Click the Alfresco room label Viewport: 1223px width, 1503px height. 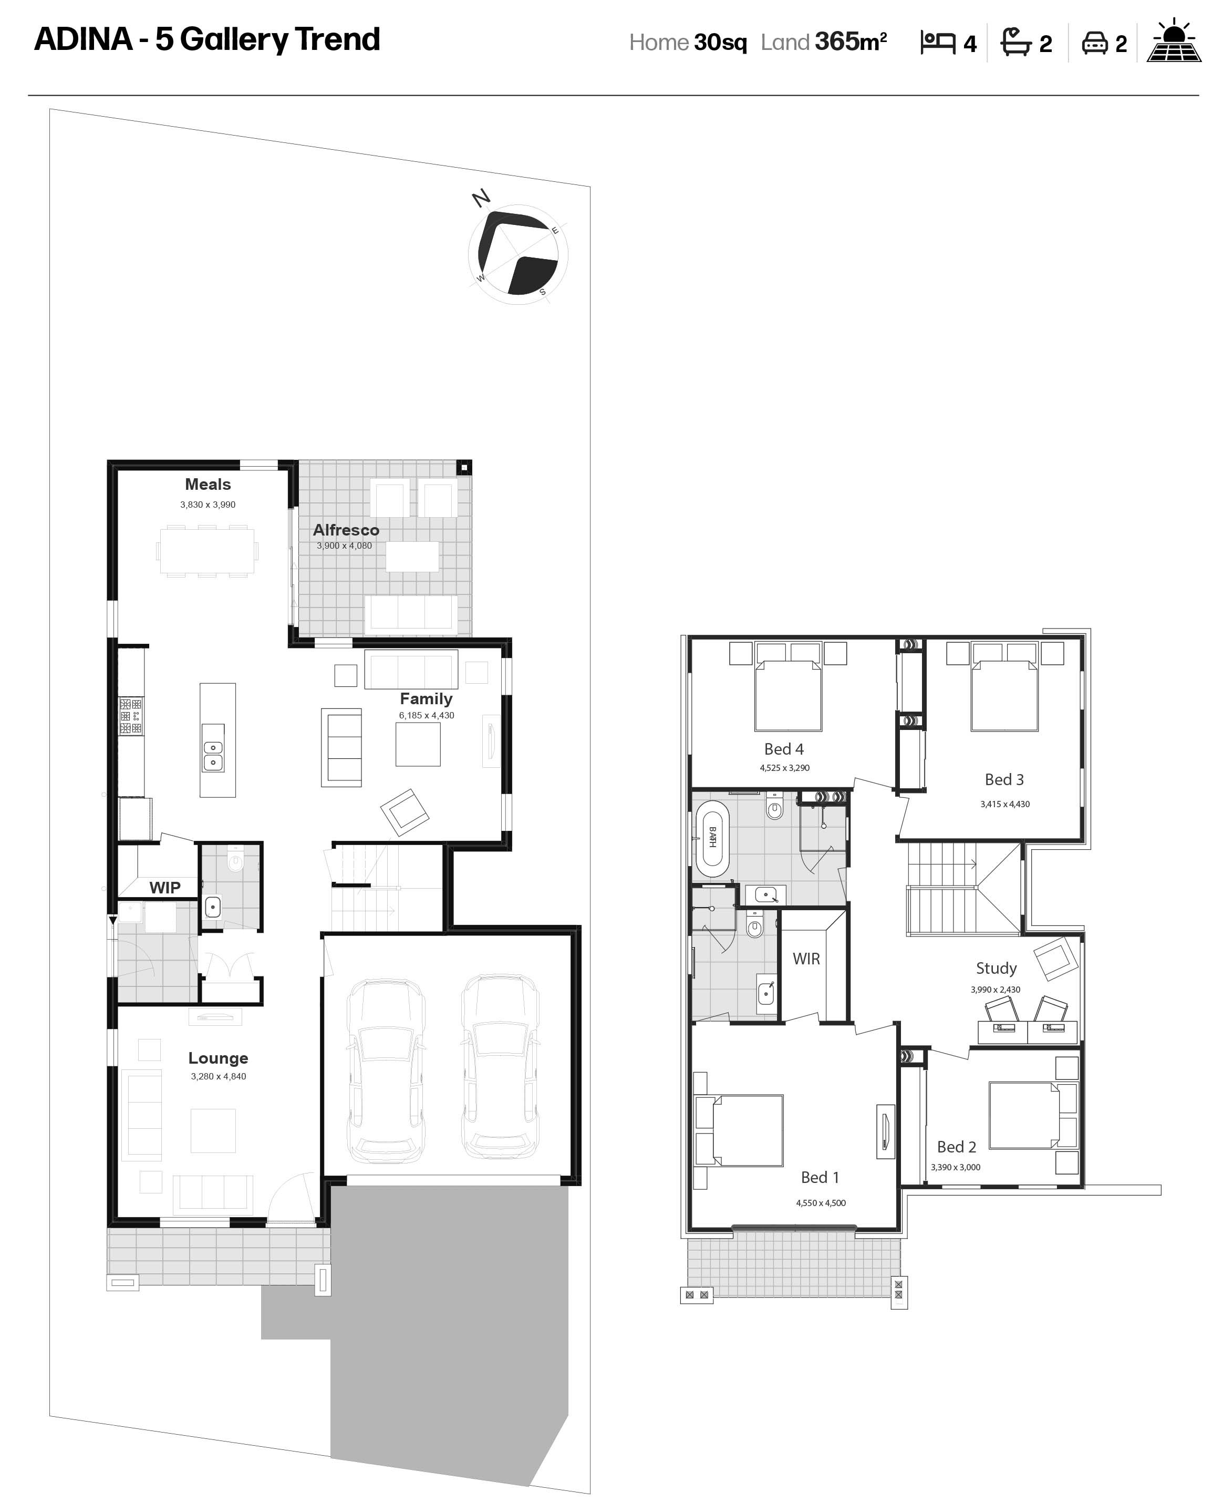coord(346,530)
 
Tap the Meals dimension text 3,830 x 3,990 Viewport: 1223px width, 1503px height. coord(208,505)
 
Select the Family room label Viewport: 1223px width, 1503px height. coord(426,699)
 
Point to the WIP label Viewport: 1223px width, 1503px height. coord(165,888)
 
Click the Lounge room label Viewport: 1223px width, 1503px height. coord(219,1058)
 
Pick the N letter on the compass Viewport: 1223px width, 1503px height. coord(481,198)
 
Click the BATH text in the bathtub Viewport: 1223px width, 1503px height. coord(712,837)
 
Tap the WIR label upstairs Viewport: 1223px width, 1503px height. coord(806,959)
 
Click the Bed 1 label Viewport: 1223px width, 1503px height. coord(820,1178)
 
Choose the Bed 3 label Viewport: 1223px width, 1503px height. coord(1004,780)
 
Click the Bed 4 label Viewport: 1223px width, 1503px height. coord(784,749)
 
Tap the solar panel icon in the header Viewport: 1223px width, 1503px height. coord(1174,42)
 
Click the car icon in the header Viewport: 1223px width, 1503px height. coord(1095,43)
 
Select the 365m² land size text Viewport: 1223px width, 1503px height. coord(851,42)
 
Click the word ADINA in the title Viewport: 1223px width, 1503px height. coord(83,39)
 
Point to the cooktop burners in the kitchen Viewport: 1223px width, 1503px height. coord(130,716)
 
